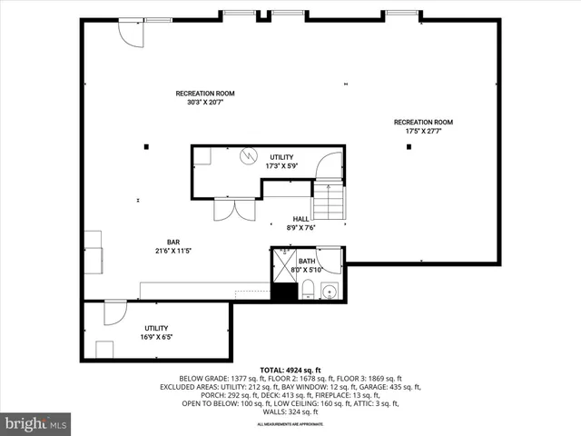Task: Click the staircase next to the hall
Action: tap(329, 201)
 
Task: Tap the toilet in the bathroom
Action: tap(307, 290)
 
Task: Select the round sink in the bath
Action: tap(329, 292)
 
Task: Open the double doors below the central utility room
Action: tap(228, 209)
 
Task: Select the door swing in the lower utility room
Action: tap(115, 313)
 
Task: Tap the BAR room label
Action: tap(172, 242)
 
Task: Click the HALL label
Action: tap(300, 219)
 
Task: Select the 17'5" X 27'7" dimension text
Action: tap(423, 131)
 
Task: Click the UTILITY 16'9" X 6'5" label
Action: tap(156, 332)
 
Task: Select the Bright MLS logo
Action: tap(36, 423)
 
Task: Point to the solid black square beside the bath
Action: tap(285, 292)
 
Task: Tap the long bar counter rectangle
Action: tap(204, 291)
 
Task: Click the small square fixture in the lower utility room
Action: tap(104, 350)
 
